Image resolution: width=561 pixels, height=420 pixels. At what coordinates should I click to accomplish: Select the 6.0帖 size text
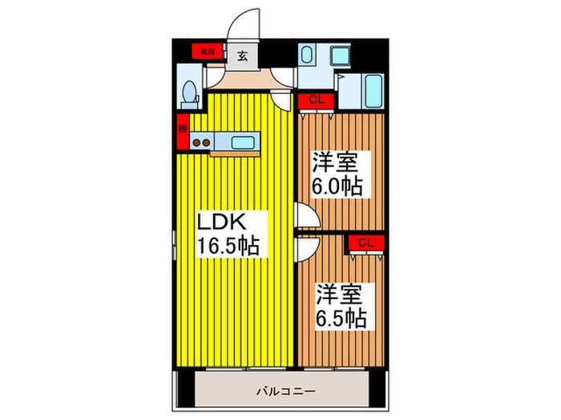[337, 187]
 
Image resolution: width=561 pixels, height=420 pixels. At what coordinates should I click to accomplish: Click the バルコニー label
[285, 392]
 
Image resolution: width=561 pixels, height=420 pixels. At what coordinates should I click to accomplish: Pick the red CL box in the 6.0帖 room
[315, 101]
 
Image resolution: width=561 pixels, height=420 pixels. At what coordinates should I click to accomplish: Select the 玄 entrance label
[241, 55]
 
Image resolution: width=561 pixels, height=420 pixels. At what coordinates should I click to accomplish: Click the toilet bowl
[189, 94]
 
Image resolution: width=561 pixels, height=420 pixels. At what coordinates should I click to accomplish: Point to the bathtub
[371, 92]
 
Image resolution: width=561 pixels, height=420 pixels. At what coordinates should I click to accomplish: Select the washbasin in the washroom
[307, 55]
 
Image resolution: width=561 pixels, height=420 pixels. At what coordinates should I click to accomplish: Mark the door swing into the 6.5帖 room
[303, 249]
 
